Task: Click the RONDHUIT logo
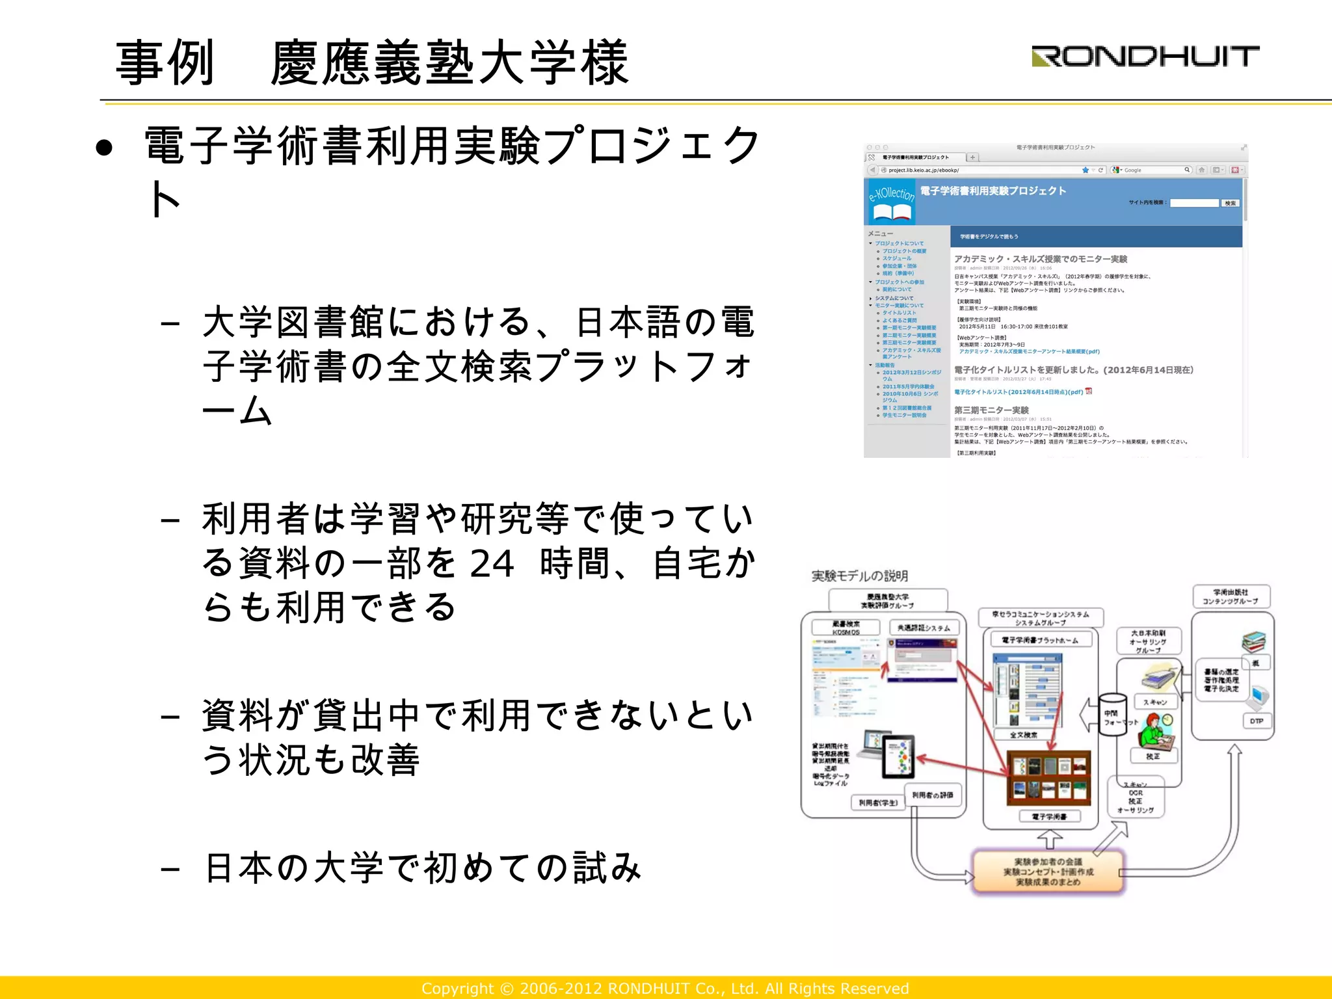click(1145, 57)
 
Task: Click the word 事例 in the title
click(165, 63)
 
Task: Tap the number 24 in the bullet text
click(492, 564)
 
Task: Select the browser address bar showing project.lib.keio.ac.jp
click(976, 170)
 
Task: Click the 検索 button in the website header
click(1230, 204)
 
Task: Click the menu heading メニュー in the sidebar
click(881, 233)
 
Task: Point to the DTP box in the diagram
click(1256, 721)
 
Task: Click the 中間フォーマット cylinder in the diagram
click(1113, 714)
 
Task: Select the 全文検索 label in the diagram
click(1024, 735)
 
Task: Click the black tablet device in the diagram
click(898, 756)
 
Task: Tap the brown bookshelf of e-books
click(1048, 777)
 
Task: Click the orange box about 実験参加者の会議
click(1048, 872)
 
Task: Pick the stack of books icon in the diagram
click(1253, 642)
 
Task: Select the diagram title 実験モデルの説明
click(859, 576)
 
